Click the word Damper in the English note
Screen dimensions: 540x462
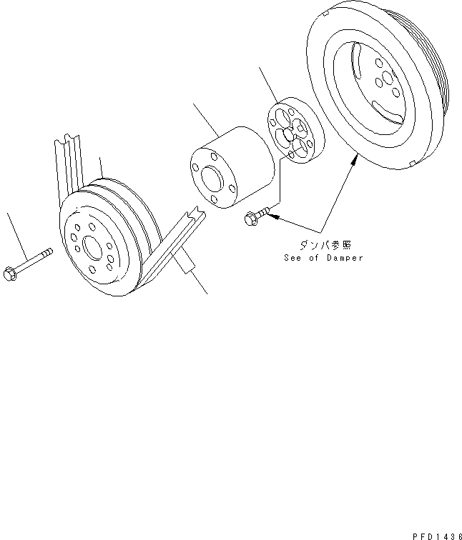pyautogui.click(x=345, y=258)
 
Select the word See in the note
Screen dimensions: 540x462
pyautogui.click(x=292, y=258)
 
